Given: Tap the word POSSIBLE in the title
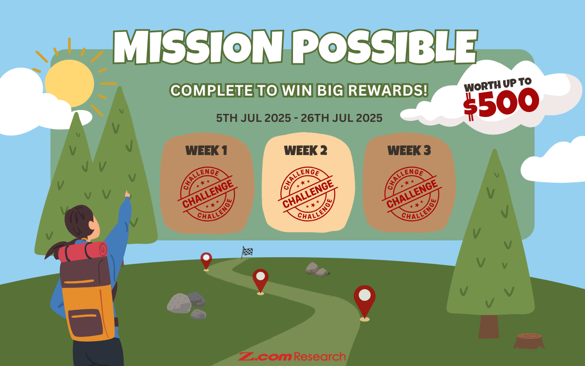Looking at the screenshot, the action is tap(384, 47).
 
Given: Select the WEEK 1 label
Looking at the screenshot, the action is tap(206, 150).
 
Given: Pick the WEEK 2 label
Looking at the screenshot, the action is tap(306, 150).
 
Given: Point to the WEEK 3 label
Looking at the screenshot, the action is tap(409, 150).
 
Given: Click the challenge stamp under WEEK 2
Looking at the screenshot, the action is tap(307, 194).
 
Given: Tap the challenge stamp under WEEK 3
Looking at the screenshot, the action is tap(411, 194).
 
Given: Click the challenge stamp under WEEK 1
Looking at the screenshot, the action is tap(207, 194).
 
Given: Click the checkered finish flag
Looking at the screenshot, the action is tap(247, 252).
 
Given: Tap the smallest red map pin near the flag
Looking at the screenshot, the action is tap(206, 261).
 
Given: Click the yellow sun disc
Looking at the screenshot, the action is tap(69, 83).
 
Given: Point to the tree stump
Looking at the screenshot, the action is tap(529, 341).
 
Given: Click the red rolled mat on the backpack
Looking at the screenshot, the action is tap(83, 252).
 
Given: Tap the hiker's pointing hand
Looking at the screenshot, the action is tap(127, 194).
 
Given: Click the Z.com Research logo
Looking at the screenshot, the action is tap(292, 356).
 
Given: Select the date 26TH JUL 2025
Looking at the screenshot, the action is tap(342, 118).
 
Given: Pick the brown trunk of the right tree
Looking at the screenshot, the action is tap(489, 326).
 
